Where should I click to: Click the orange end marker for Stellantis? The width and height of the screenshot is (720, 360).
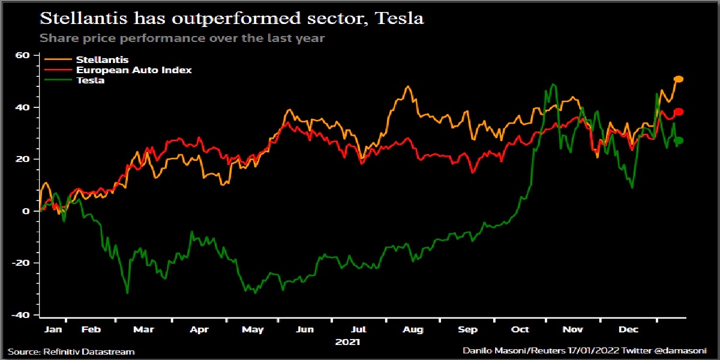679,79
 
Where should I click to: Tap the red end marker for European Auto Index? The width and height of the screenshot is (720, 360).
679,112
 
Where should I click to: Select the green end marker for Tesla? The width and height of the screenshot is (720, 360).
679,140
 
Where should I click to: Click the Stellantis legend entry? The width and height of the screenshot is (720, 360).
102,60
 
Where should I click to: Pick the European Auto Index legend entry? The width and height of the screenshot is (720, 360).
133,70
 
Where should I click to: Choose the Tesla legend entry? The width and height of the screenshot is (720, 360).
90,80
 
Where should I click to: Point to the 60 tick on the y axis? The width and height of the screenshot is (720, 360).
23,55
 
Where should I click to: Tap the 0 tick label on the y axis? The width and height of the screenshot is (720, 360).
26,211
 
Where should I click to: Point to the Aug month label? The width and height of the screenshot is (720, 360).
413,329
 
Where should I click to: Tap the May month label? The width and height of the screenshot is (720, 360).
253,329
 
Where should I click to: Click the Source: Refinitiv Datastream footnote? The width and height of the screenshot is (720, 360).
71,351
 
